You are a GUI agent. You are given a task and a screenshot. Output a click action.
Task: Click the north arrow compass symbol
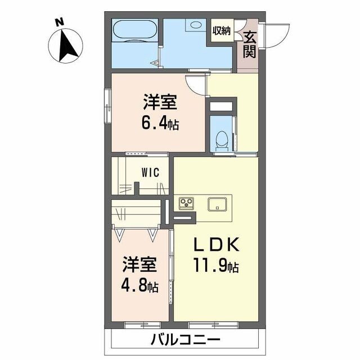66,45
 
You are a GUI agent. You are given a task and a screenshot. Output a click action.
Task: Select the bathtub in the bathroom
135,31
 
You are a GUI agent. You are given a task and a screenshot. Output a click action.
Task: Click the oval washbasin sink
195,25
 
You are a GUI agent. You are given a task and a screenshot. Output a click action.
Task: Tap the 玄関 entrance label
250,45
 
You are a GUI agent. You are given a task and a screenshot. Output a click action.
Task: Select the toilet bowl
222,139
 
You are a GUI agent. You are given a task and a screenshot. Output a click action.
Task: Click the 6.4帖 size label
160,124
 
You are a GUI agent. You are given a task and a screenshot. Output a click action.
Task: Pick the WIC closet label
150,173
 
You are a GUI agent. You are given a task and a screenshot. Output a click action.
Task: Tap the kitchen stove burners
186,203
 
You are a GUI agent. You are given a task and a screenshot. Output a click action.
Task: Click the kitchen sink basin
218,204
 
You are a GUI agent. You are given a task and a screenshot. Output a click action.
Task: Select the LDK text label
217,245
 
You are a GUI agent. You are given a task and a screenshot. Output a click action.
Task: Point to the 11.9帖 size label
216,265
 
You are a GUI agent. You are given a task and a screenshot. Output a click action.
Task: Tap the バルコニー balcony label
186,340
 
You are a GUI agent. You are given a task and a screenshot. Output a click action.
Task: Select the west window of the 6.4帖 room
107,106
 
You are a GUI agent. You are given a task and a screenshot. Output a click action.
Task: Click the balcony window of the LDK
213,325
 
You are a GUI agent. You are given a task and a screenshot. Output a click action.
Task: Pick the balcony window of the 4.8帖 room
143,325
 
